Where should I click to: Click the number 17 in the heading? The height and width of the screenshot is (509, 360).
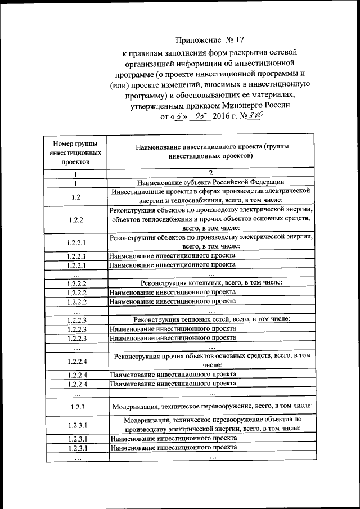point(240,40)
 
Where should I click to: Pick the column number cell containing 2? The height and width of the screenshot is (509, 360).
point(210,173)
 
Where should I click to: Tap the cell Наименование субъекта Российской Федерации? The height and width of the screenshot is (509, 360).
point(210,182)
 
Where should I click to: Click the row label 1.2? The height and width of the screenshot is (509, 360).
point(75,196)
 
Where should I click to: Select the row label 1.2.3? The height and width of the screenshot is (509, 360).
point(75,406)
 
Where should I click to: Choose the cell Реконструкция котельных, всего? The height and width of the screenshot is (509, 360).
point(210,282)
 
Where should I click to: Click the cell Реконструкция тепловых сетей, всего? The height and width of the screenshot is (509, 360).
point(210,319)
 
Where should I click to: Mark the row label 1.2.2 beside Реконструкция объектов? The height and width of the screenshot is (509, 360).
point(75,219)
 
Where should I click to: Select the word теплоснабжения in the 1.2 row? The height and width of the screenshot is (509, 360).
point(186,200)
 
